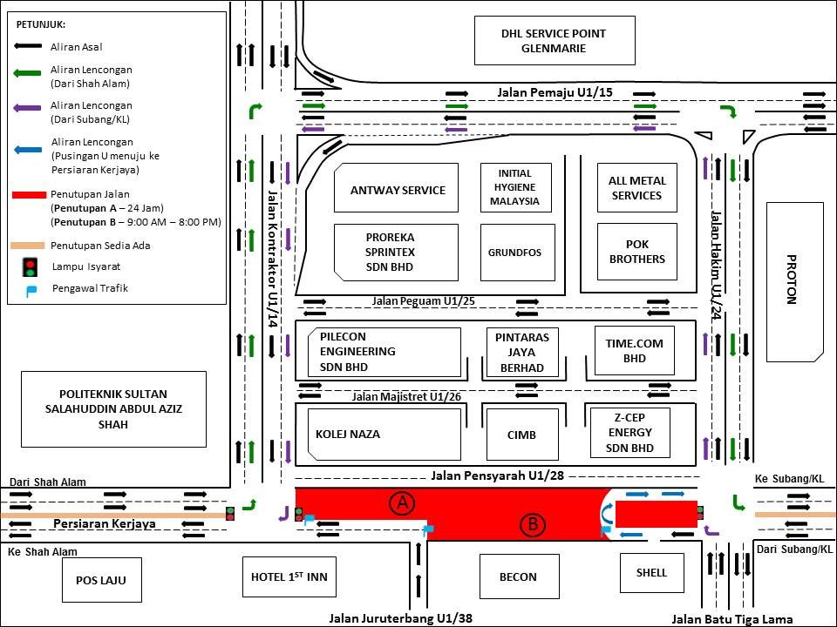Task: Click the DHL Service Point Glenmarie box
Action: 555,41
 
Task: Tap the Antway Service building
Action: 396,188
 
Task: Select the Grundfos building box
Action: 517,253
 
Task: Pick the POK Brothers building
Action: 636,252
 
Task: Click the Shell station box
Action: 652,573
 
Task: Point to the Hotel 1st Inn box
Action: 289,576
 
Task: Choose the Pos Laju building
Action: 101,580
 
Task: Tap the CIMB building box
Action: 522,435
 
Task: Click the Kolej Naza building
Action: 384,434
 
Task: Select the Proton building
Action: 795,282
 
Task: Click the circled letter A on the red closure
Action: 402,502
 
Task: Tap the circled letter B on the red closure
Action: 532,525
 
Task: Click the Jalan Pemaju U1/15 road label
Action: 555,92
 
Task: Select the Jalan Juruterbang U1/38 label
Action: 400,618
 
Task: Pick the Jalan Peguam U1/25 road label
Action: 424,300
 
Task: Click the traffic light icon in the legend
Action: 30,267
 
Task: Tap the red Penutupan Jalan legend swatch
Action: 30,195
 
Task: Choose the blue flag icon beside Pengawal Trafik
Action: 31,291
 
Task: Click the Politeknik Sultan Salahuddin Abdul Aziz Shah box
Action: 113,409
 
